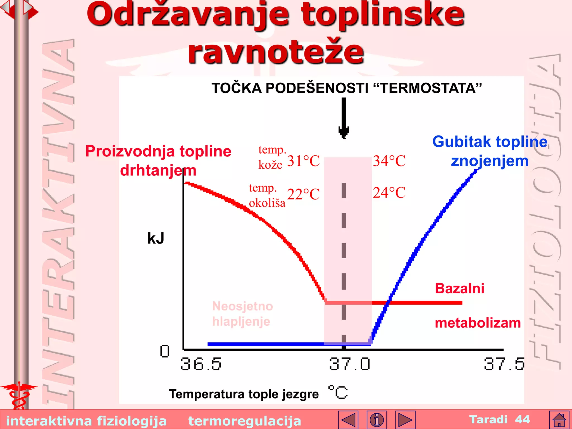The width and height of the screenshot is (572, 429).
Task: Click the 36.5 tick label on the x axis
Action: (x=201, y=364)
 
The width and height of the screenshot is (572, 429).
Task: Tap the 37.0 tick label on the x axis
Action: (x=350, y=364)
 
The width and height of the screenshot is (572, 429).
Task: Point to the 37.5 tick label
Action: (x=504, y=364)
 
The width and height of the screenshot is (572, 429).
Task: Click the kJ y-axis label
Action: (x=156, y=239)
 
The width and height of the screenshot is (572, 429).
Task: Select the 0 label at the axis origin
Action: (x=165, y=351)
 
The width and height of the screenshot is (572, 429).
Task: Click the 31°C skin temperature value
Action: (x=303, y=161)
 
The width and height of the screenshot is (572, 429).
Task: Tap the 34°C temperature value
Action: (x=389, y=161)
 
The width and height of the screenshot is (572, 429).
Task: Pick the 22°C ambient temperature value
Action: (x=303, y=194)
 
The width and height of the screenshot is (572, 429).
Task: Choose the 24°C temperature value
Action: (x=389, y=193)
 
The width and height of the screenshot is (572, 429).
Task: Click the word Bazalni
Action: (x=459, y=289)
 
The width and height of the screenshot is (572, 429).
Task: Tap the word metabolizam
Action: (x=478, y=323)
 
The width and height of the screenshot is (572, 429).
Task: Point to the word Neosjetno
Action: (x=242, y=306)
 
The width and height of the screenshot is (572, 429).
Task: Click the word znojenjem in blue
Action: (x=490, y=161)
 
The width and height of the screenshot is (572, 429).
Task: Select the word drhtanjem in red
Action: (x=158, y=170)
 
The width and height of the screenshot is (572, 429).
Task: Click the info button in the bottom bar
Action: (x=377, y=420)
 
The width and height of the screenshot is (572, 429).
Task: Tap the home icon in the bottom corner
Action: (x=559, y=420)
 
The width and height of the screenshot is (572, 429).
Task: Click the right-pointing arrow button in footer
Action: (x=405, y=420)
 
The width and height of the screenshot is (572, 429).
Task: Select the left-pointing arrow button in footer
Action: (x=348, y=420)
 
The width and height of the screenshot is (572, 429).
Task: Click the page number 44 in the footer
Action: (x=522, y=420)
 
